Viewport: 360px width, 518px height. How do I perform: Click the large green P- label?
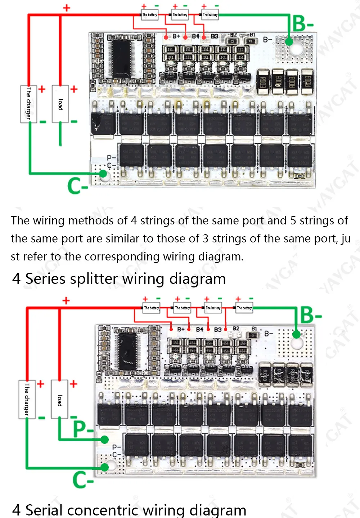[83, 429]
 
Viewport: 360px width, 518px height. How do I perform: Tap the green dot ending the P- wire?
[105, 439]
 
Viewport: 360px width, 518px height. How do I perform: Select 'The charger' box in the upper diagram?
[28, 104]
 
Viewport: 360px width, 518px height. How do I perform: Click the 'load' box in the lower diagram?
[59, 399]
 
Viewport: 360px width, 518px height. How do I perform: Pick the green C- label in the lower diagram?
[83, 479]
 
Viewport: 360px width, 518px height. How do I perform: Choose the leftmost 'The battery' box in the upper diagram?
[150, 15]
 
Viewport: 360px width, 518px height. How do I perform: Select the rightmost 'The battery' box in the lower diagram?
[244, 308]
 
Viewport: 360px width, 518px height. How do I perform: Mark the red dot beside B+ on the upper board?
[166, 37]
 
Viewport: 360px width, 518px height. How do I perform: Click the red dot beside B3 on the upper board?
[204, 37]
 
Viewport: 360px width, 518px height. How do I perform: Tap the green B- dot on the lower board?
[296, 335]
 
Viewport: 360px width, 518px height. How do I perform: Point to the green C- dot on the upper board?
[103, 174]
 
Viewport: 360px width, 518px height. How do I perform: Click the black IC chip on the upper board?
[122, 58]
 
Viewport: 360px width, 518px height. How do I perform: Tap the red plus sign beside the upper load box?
[74, 89]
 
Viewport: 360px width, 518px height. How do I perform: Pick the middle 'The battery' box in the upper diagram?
[180, 15]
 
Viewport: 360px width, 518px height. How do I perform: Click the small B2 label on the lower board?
[236, 329]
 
